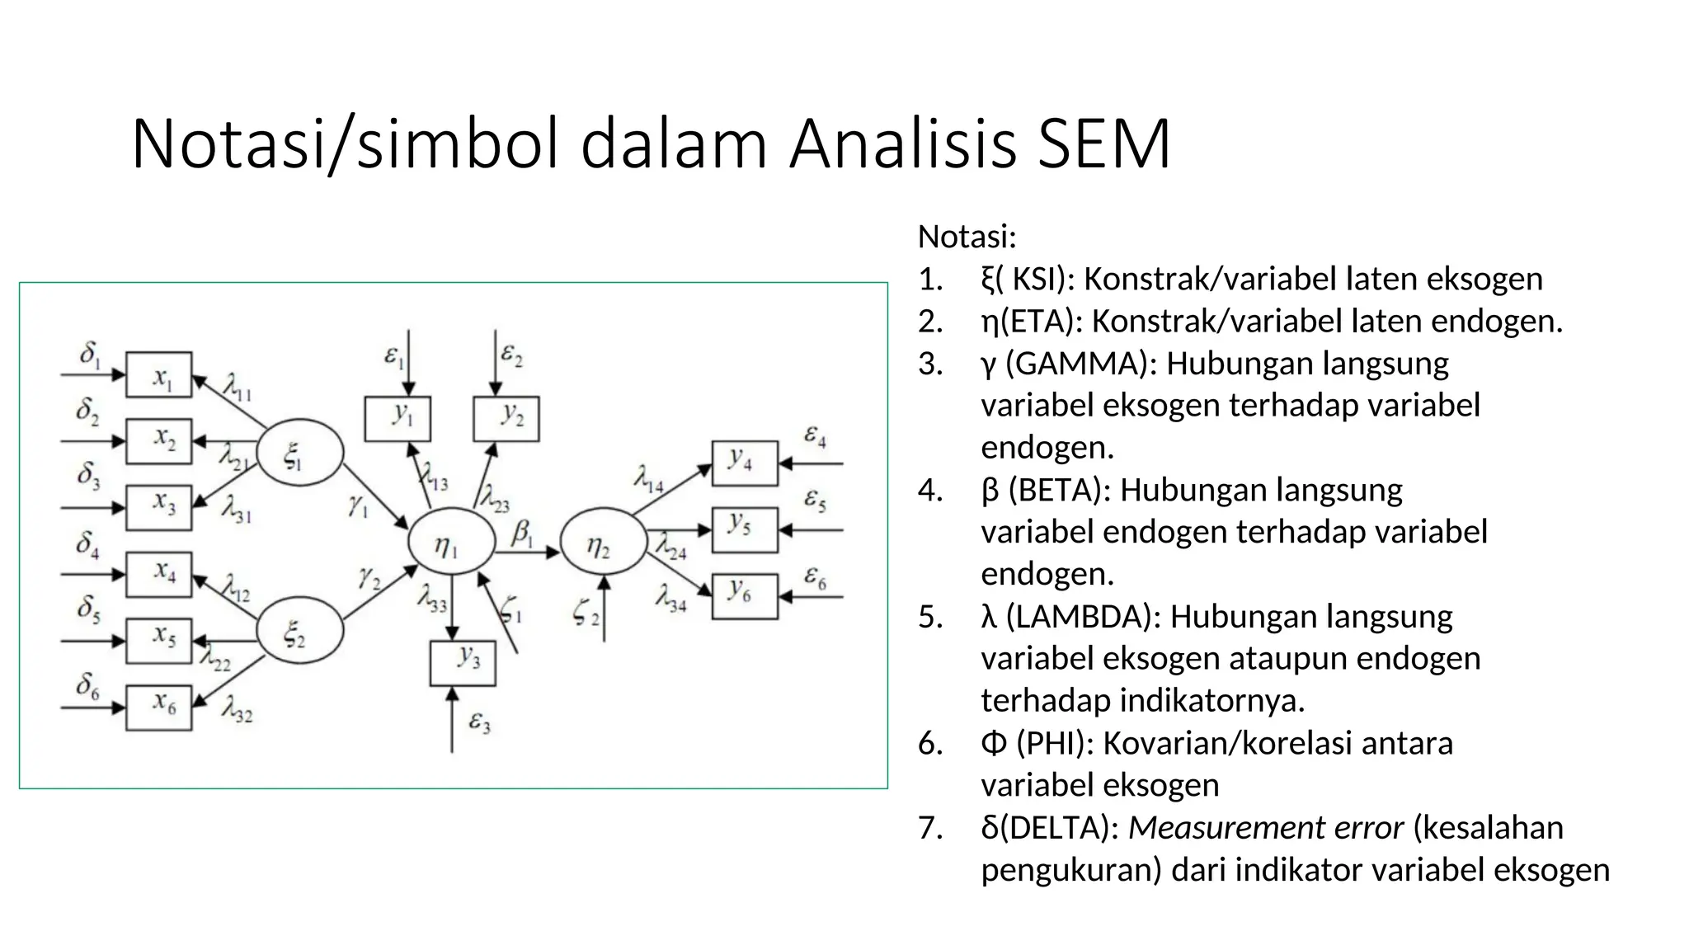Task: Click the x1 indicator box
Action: click(158, 375)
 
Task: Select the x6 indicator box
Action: click(158, 708)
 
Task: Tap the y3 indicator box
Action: click(463, 663)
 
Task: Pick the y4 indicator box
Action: click(745, 463)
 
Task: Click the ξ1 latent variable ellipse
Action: click(299, 453)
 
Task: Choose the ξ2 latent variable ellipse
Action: click(299, 631)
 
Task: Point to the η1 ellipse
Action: click(451, 542)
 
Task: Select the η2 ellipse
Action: click(604, 542)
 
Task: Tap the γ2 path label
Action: click(369, 577)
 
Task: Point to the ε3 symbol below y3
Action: click(479, 723)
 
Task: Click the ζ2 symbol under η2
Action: click(586, 614)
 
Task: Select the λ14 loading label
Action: click(648, 478)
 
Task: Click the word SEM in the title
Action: click(1103, 144)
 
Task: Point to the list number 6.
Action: click(930, 744)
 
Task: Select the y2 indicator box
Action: click(506, 418)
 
